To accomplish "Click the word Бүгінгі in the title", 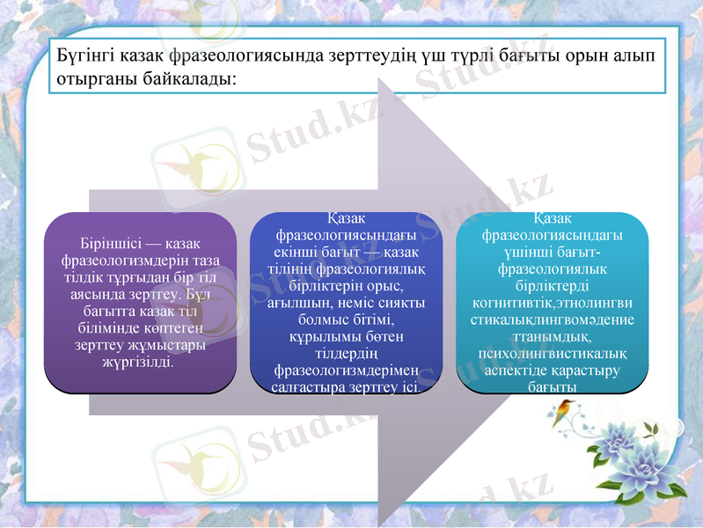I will [x=80, y=55].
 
